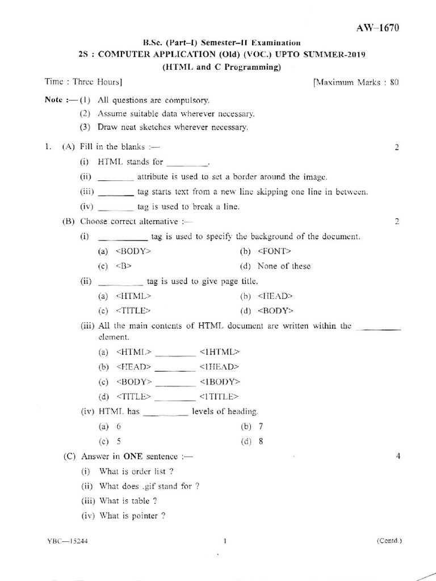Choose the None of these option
tap(284, 266)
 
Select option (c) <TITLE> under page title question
tap(132, 310)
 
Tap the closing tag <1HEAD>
tap(219, 367)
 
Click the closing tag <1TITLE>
tap(219, 396)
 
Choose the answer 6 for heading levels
tap(119, 426)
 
